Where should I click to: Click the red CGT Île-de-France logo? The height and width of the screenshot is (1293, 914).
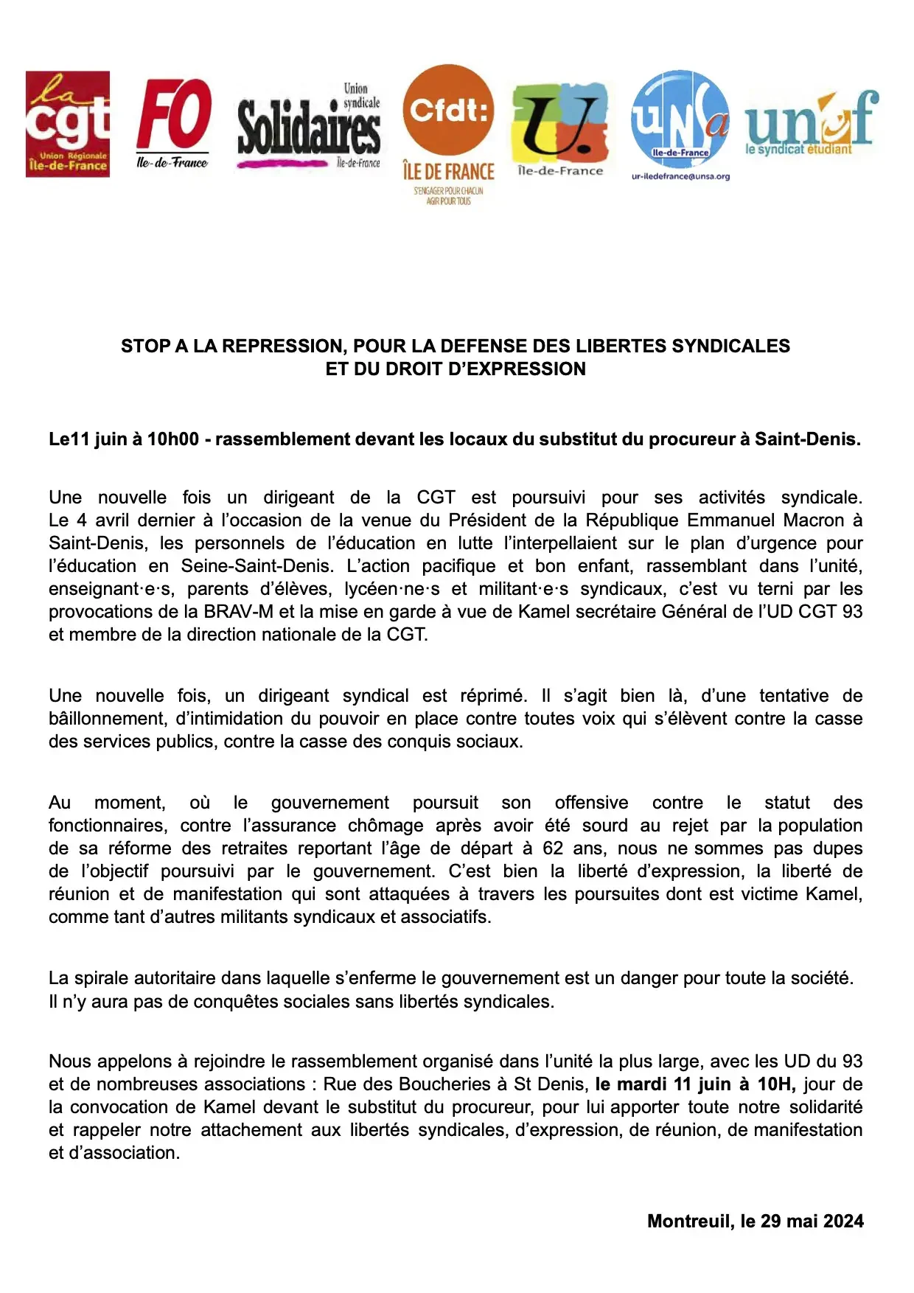click(x=68, y=124)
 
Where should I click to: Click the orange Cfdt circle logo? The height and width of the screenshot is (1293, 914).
click(x=448, y=110)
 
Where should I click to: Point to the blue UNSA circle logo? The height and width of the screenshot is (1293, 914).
click(x=680, y=118)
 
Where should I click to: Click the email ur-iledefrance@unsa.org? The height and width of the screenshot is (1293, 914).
click(x=680, y=177)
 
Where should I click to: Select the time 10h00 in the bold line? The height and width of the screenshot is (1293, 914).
click(x=173, y=439)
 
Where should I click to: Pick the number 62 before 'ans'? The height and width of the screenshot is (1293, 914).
click(x=553, y=848)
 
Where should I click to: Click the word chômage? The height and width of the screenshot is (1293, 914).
click(x=386, y=826)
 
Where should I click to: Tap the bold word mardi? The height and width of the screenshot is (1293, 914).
click(x=641, y=1084)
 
